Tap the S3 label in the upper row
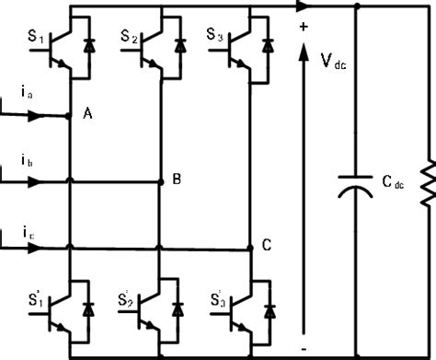click(x=213, y=37)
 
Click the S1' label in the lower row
click(x=34, y=300)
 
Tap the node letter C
click(x=267, y=245)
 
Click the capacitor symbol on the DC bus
click(x=356, y=183)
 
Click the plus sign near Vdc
click(x=303, y=27)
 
